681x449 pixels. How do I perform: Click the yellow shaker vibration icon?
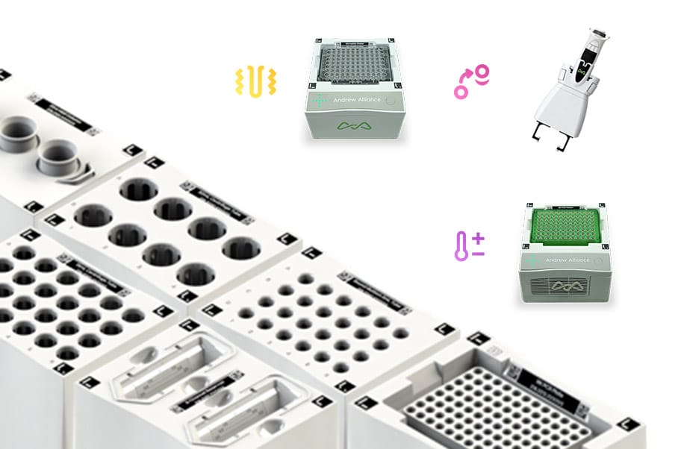[256, 81]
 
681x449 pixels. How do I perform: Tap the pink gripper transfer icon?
[471, 81]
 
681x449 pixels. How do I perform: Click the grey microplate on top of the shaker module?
[356, 66]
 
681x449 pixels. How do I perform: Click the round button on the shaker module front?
[393, 104]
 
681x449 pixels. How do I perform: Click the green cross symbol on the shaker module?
[320, 100]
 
